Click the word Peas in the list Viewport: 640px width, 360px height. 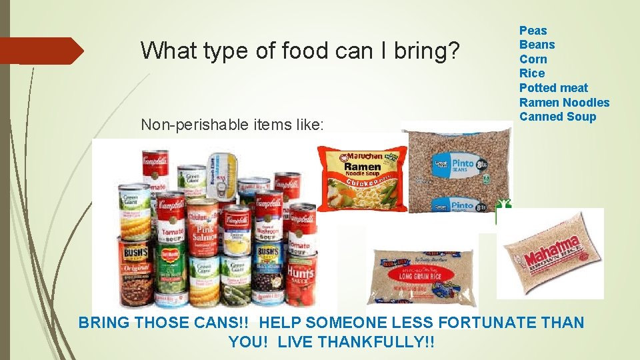pyautogui.click(x=533, y=31)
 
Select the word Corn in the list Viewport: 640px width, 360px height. pyautogui.click(x=533, y=59)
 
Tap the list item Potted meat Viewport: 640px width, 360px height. pyautogui.click(x=553, y=88)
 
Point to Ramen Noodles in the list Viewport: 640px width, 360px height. pyautogui.click(x=564, y=103)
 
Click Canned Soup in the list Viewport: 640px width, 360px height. pyautogui.click(x=557, y=117)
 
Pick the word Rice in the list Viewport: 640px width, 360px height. pyautogui.click(x=532, y=73)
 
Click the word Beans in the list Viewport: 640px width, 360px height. pyautogui.click(x=537, y=45)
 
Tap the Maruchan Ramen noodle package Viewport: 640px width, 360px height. pyautogui.click(x=361, y=178)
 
